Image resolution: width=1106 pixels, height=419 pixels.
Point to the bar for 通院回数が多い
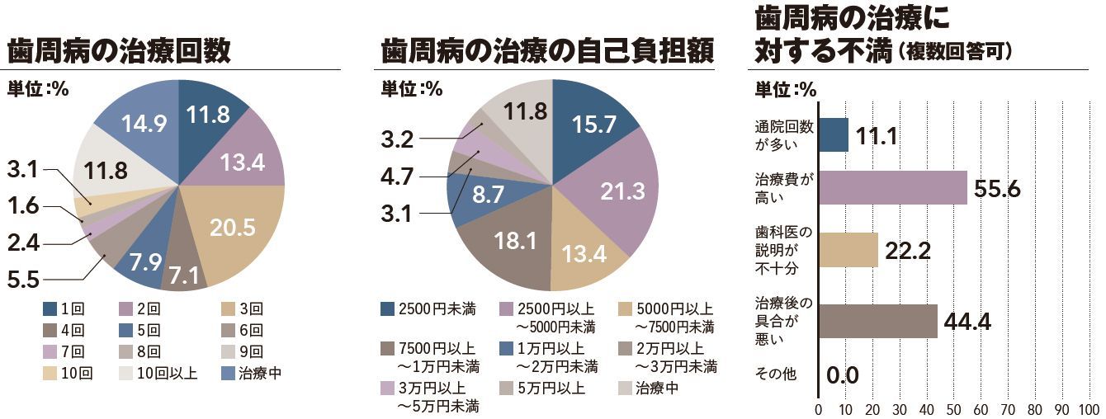pyautogui.click(x=834, y=135)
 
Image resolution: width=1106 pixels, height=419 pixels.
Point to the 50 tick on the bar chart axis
pyautogui.click(x=953, y=409)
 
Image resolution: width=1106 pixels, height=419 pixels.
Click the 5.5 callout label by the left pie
pyautogui.click(x=23, y=280)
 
